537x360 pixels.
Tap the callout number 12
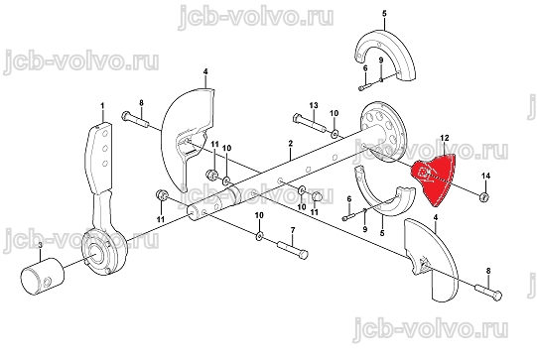(444, 138)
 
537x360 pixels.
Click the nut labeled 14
(484, 196)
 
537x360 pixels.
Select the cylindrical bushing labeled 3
(43, 276)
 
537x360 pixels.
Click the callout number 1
(102, 106)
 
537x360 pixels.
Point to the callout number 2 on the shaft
(291, 143)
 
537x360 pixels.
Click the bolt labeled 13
(310, 124)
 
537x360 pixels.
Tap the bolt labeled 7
(293, 249)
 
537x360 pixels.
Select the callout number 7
(293, 230)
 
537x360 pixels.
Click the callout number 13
(314, 105)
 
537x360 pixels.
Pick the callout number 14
(486, 176)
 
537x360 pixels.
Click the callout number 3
(40, 245)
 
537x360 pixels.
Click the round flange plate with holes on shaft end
(383, 131)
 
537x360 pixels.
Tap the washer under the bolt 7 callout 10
(259, 235)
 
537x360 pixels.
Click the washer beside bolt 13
(335, 132)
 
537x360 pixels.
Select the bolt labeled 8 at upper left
(134, 119)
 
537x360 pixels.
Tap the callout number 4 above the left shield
(205, 71)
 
